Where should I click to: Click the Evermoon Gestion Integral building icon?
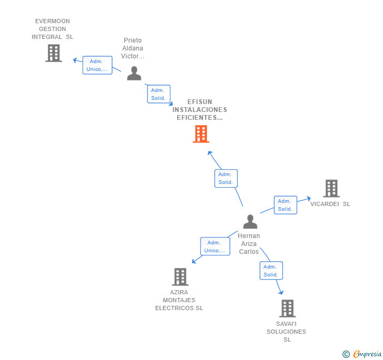[x=54, y=53]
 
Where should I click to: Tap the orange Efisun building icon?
[x=201, y=134]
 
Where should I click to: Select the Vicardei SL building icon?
[x=331, y=188]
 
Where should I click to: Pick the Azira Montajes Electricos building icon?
[x=180, y=277]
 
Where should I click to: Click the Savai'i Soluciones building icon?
[x=287, y=308]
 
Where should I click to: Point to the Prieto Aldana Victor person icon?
[x=134, y=74]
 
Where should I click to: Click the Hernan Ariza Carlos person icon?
[x=250, y=222]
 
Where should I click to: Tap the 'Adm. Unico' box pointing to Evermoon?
[x=97, y=65]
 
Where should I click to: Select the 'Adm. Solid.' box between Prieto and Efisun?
[x=158, y=94]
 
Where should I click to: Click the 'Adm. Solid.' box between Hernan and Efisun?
[x=226, y=178]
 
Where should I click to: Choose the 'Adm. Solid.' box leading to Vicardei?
[x=285, y=205]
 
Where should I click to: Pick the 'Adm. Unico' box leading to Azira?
[x=215, y=246]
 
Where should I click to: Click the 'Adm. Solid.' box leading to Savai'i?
[x=271, y=271]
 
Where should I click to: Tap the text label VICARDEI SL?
[x=330, y=204]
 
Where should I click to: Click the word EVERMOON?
[x=52, y=22]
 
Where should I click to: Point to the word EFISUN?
[x=200, y=102]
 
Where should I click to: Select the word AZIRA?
[x=179, y=293]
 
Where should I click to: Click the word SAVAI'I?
[x=286, y=324]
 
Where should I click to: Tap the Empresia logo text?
[x=367, y=354]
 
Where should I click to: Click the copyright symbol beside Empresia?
[x=346, y=354]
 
